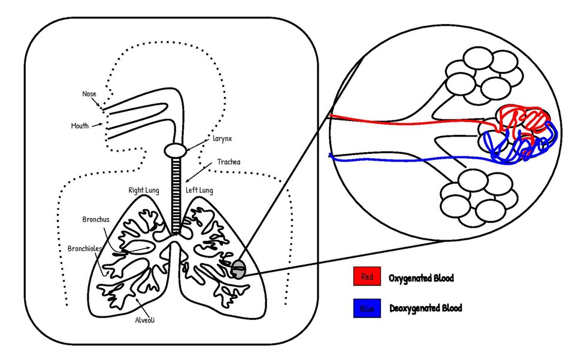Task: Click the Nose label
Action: point(89,94)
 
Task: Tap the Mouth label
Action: point(80,126)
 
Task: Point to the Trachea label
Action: point(229,162)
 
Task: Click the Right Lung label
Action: point(144,190)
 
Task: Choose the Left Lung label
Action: point(199,190)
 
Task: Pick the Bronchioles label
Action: point(84,248)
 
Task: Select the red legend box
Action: point(367,277)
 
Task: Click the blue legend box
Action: point(367,308)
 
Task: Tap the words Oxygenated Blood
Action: point(421,278)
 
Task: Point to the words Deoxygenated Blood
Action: point(425,308)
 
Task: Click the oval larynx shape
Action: point(177,150)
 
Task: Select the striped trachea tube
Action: point(177,192)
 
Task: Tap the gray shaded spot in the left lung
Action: point(239,269)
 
